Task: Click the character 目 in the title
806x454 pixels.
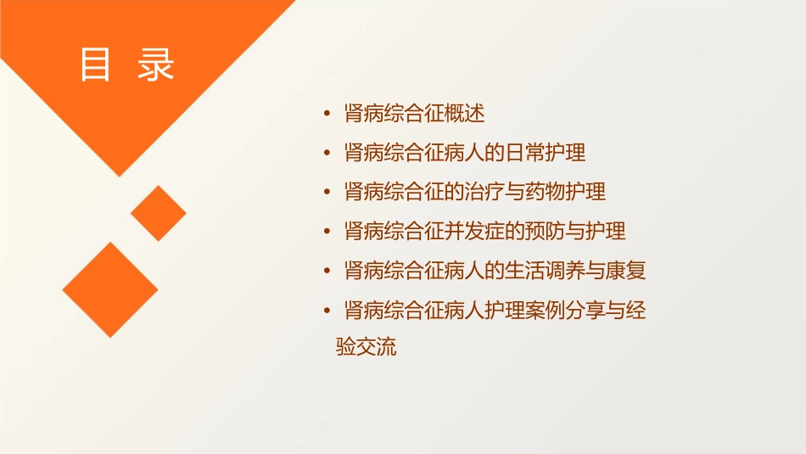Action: (x=95, y=65)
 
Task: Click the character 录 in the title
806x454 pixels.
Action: (x=156, y=65)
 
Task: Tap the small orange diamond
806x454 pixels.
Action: (x=159, y=213)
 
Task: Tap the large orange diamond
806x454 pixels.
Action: (x=110, y=289)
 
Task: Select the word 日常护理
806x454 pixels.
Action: (x=546, y=154)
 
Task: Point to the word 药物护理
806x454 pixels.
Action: (x=566, y=193)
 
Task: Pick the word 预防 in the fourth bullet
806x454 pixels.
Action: (x=526, y=232)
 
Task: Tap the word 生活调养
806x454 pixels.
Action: (x=546, y=272)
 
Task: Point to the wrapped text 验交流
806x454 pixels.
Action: (x=367, y=348)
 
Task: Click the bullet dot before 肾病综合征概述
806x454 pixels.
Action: (x=327, y=114)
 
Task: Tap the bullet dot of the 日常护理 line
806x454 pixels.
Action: (x=327, y=154)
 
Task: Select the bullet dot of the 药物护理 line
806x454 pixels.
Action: (x=327, y=193)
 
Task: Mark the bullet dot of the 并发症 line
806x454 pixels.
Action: (x=327, y=232)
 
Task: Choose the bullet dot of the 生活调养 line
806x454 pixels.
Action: (x=327, y=272)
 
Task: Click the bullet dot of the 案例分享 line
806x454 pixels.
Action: (x=327, y=311)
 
